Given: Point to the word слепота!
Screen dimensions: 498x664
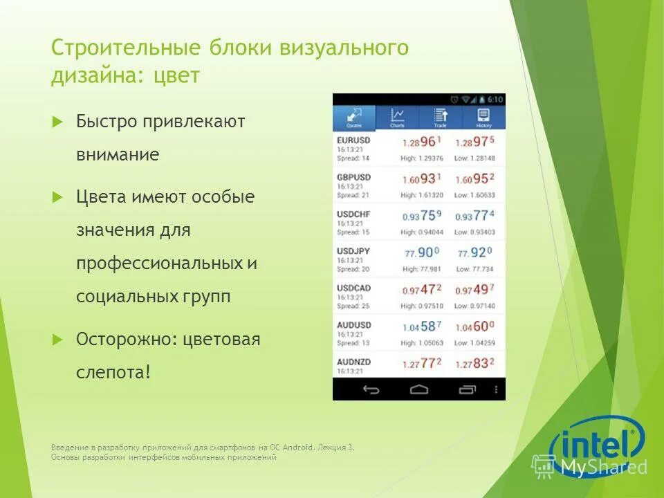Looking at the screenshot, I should pos(113,372).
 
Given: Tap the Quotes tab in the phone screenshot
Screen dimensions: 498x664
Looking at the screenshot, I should pos(354,118).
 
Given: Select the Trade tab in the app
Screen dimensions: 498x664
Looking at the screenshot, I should pos(440,118).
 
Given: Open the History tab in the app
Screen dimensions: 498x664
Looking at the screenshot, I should pos(483,118).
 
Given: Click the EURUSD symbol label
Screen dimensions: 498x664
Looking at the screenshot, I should pos(353,140).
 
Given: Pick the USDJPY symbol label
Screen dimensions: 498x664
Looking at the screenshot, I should pos(353,250).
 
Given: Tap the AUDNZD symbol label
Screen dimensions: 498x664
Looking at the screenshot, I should pos(354,361).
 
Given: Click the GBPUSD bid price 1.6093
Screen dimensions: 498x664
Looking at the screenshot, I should pos(421,179).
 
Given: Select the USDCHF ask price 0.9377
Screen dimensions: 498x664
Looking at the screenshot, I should pos(474,216).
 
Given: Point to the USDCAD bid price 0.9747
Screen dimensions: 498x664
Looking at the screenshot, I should pos(421,290).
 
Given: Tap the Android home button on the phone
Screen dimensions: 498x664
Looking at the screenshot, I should pos(419,389).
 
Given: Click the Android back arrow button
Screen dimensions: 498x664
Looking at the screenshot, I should pos(371,389).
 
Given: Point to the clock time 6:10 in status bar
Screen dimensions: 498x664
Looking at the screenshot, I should pos(495,100).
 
